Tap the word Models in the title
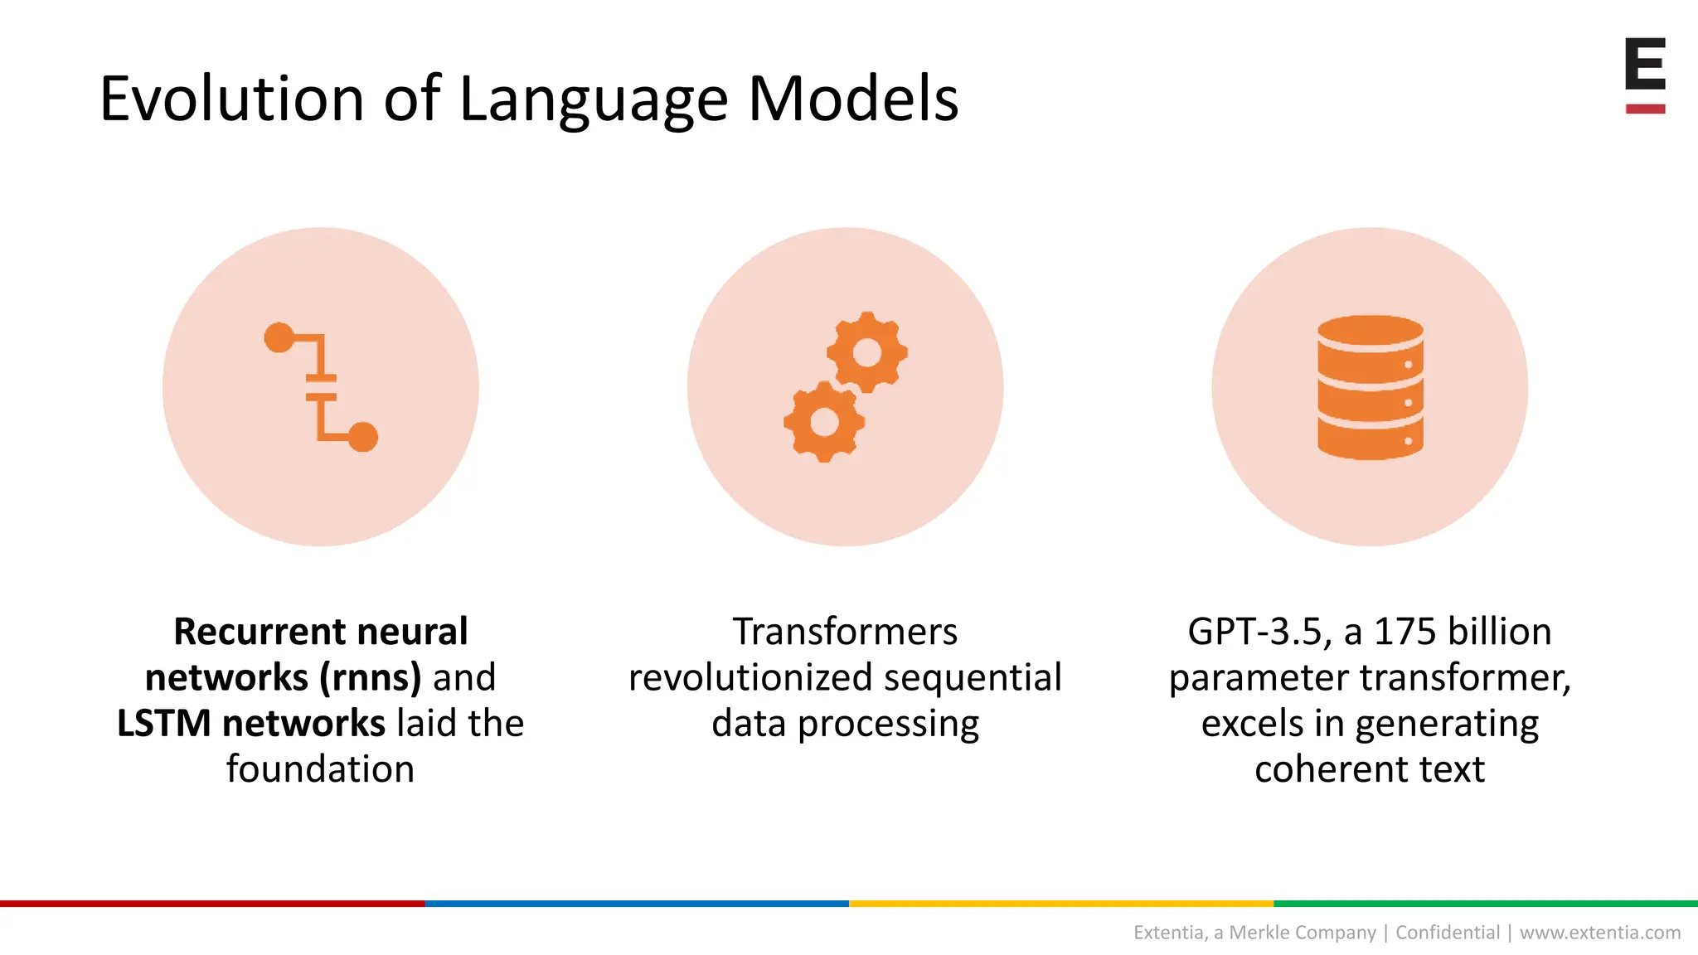click(853, 99)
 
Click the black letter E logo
click(1645, 64)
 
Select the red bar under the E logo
click(1645, 109)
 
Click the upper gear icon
click(867, 352)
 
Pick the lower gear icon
click(824, 422)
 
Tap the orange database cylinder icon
click(1370, 387)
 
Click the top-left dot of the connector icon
click(279, 337)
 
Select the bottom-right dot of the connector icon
click(363, 437)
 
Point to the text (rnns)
click(371, 677)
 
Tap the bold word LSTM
click(164, 723)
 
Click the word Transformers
click(845, 632)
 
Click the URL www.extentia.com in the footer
click(1599, 933)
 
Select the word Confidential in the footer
click(1448, 933)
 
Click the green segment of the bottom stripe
click(1484, 904)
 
